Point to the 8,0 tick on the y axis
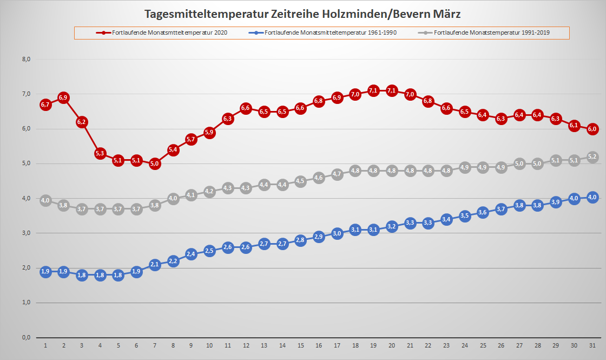[x=25, y=60]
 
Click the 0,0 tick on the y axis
[x=25, y=337]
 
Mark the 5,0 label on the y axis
[x=25, y=163]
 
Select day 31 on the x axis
[x=592, y=345]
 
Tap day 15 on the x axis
[x=300, y=345]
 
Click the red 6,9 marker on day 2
[x=63, y=98]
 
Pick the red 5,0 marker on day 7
[x=155, y=163]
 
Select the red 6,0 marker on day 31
[x=592, y=129]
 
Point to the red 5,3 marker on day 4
[x=100, y=153]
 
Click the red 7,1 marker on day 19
[x=373, y=90]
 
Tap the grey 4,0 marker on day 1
[x=45, y=200]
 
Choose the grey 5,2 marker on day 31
[x=592, y=157]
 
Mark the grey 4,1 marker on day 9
[x=191, y=195]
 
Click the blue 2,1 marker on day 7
[x=155, y=264]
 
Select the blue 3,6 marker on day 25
[x=483, y=212]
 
